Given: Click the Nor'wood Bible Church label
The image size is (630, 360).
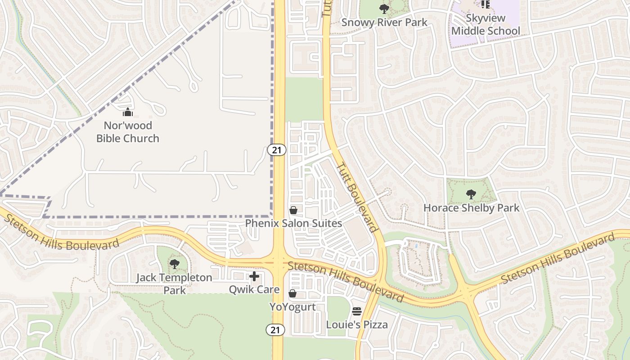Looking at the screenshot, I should [x=128, y=132].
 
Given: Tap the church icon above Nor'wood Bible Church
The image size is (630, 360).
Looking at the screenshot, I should [x=128, y=112].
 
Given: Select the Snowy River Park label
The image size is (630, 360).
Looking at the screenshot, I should [x=384, y=22].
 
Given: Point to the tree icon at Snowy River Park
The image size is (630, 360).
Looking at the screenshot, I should [x=384, y=9].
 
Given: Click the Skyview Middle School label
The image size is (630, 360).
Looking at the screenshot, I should [x=486, y=25].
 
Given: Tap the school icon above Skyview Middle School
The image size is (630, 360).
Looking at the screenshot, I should [x=485, y=4].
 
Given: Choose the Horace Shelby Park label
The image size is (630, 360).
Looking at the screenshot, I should [x=471, y=208].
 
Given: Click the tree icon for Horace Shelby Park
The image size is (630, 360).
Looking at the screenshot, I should [x=471, y=194].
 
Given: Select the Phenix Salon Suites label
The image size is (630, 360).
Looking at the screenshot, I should [x=293, y=223].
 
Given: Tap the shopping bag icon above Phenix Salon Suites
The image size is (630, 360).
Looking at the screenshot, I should [x=293, y=210].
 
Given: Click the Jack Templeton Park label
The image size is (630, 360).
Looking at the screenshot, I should [x=174, y=283].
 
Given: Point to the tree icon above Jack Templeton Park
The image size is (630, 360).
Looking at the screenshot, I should [x=174, y=264].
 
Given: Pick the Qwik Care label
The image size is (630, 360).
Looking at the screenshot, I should [x=254, y=289].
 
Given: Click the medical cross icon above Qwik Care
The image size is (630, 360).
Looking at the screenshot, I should [x=254, y=276].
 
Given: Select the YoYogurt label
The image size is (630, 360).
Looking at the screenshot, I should [x=292, y=307].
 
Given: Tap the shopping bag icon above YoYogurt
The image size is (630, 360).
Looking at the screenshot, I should [x=292, y=294].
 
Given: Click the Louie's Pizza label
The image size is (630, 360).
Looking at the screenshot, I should [x=357, y=324].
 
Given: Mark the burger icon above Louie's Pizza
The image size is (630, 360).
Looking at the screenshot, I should [x=357, y=311].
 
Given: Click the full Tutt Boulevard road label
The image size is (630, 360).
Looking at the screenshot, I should [x=357, y=197].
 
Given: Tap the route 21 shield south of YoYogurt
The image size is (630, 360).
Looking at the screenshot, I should [x=275, y=330].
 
